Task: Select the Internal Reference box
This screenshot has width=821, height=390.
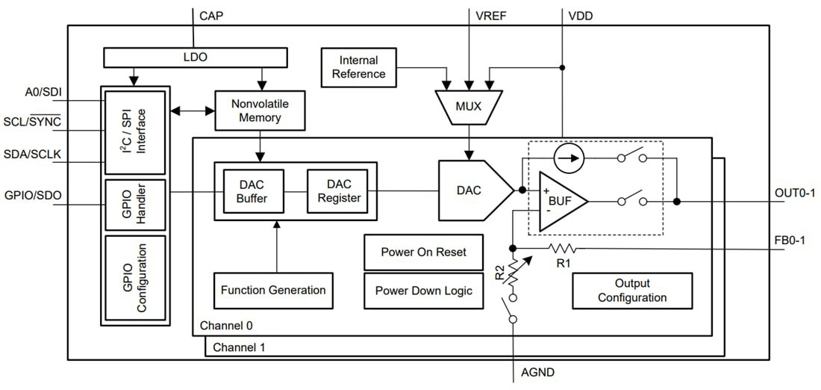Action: pos(359,66)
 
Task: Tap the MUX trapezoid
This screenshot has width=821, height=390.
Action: pos(468,106)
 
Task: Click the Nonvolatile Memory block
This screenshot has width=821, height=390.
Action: pos(260,111)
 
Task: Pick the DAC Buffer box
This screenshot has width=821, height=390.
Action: pos(251,191)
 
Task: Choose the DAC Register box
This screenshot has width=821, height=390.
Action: pos(339,191)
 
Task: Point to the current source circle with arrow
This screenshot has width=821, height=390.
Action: pos(569,158)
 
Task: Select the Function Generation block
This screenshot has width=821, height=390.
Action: pos(273,290)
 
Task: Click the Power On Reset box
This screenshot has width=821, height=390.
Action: pos(423,252)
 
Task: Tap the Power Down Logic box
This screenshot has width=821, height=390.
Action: pos(423,291)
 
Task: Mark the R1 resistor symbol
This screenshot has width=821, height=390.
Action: pos(564,247)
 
